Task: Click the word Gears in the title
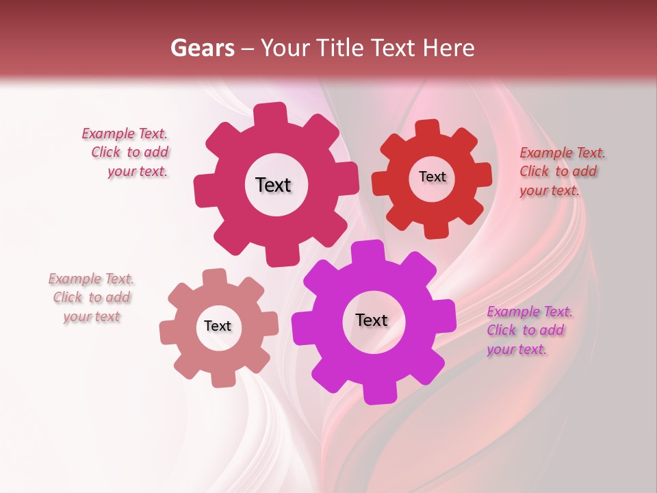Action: tap(202, 48)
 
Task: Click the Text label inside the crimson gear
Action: tap(273, 185)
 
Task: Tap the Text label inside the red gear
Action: tap(432, 177)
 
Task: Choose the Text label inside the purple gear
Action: tap(372, 320)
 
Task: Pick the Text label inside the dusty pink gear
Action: tap(218, 326)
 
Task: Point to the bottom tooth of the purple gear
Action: tap(378, 393)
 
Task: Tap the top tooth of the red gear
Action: tap(428, 129)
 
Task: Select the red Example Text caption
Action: tap(561, 171)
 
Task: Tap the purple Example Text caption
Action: tap(529, 330)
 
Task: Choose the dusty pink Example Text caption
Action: tap(91, 297)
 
